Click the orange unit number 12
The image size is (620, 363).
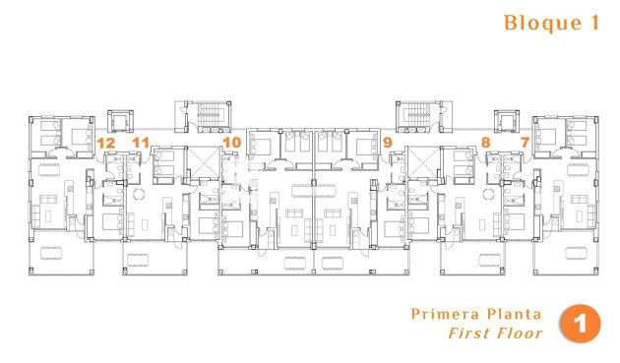click(x=106, y=143)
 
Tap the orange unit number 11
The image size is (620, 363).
click(x=141, y=143)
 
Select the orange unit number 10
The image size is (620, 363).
click(x=231, y=143)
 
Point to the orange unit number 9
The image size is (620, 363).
click(x=388, y=143)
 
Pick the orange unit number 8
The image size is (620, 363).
click(x=486, y=143)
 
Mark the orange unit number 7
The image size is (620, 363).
click(x=525, y=143)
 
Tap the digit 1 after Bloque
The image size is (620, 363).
click(x=593, y=23)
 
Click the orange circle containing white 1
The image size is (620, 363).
click(x=581, y=325)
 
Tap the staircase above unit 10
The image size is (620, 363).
click(x=207, y=118)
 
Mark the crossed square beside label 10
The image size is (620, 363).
click(x=205, y=161)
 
